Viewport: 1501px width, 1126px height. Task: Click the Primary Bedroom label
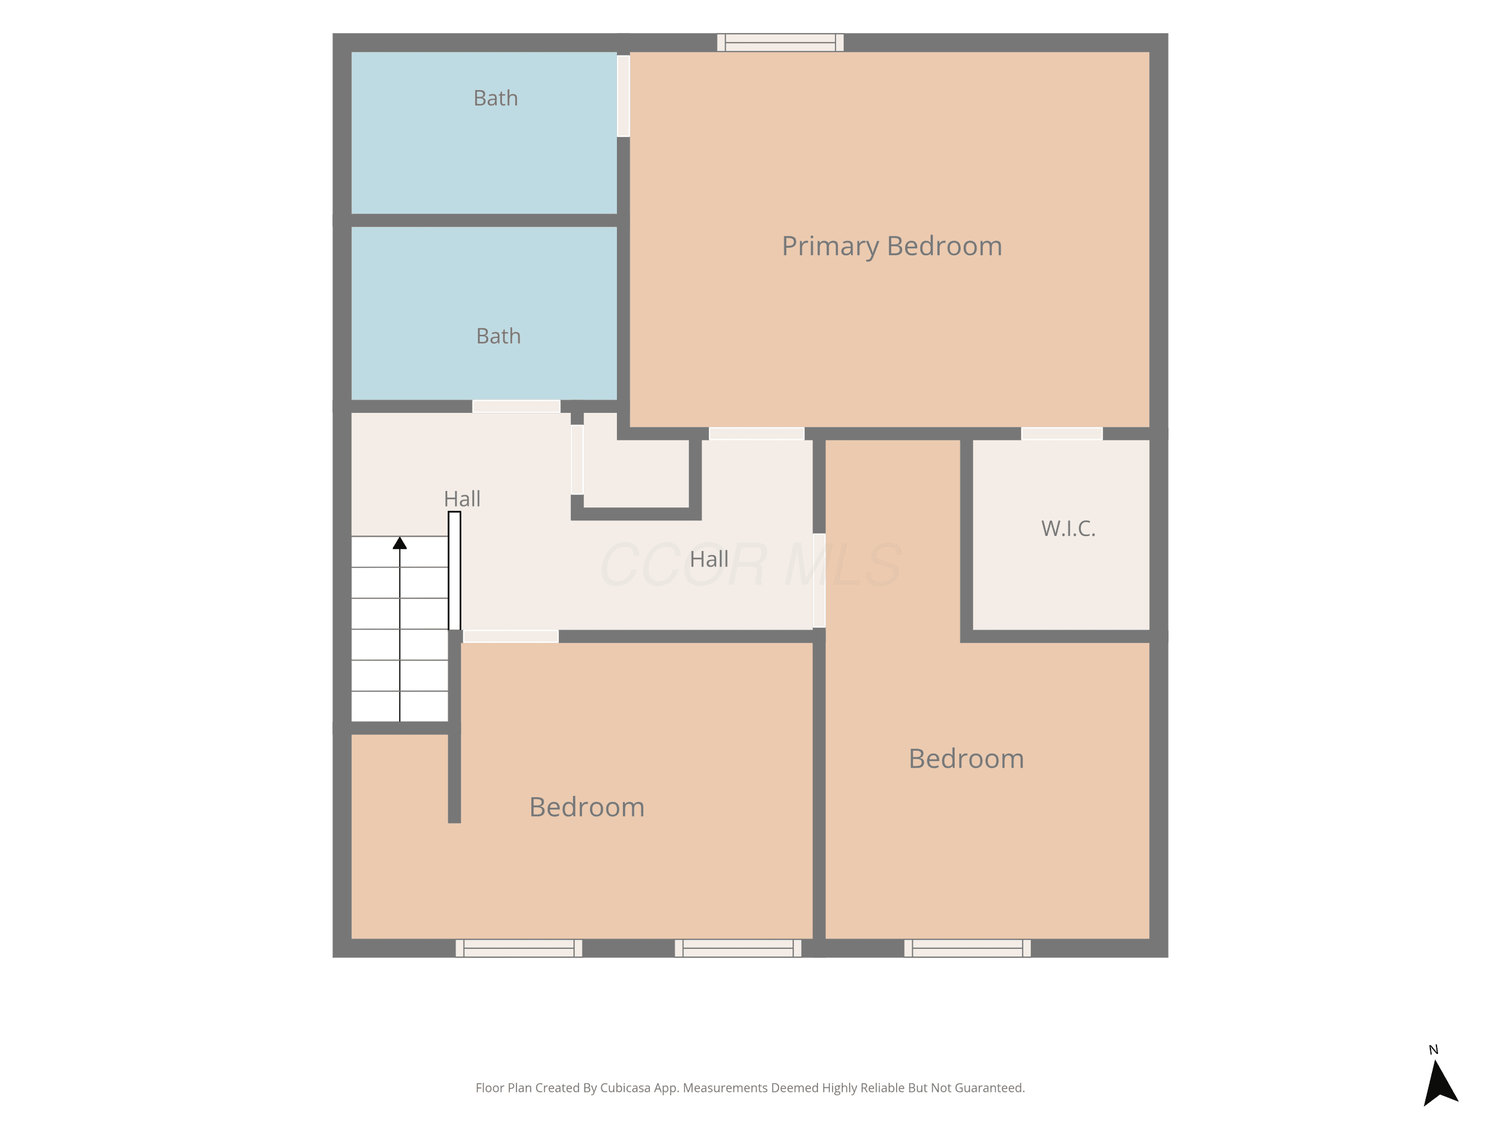click(x=892, y=246)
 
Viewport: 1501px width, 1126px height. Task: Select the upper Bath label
click(x=495, y=99)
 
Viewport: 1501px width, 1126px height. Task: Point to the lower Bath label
click(x=498, y=336)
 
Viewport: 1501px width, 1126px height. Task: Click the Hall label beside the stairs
click(x=462, y=499)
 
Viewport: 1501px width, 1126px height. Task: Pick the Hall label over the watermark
click(x=709, y=559)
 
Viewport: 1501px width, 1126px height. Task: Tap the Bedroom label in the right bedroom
click(x=966, y=759)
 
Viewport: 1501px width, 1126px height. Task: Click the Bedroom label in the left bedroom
click(x=587, y=807)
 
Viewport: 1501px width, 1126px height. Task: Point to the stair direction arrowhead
click(x=400, y=543)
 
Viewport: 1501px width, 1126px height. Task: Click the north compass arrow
click(x=1438, y=1083)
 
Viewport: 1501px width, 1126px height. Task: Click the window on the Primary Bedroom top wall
click(x=781, y=43)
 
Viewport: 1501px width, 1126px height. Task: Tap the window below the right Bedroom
click(x=967, y=948)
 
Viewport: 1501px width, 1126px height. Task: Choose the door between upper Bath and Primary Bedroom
click(x=623, y=96)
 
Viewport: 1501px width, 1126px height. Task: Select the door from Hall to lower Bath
click(x=516, y=406)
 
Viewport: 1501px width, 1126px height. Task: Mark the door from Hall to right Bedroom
click(x=819, y=581)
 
